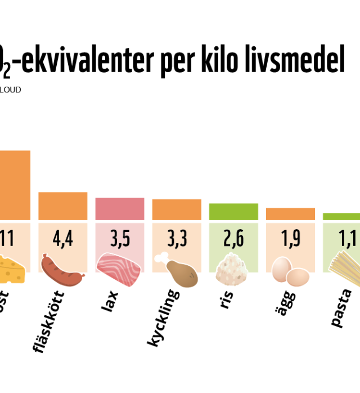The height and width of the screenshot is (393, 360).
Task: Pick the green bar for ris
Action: coord(233,211)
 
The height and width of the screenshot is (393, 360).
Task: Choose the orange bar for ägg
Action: coord(290,213)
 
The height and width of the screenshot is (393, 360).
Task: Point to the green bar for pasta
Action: coord(341,216)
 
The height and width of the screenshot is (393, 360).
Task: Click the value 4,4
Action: coord(62,239)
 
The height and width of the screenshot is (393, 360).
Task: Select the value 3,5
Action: coord(120,239)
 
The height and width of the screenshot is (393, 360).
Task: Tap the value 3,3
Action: coord(177,239)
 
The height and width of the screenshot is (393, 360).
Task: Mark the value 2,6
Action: coord(233,239)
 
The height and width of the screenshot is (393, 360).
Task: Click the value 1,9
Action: coord(290,239)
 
